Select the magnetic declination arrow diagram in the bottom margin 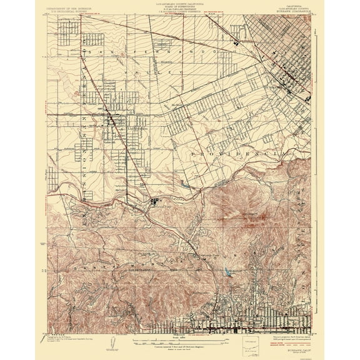click(111, 341)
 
